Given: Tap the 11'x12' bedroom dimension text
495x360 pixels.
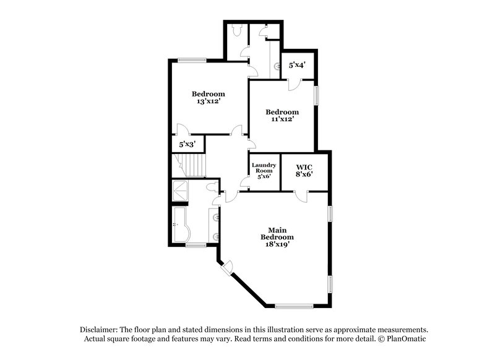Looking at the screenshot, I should (282, 119).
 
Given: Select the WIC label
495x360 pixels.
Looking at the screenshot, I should (304, 167).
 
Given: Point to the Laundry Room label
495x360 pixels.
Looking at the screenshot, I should (264, 168).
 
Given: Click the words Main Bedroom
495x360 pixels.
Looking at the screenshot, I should (277, 233).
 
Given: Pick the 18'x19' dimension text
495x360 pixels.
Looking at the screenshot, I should (277, 244).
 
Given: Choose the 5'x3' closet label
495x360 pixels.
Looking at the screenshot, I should (187, 144).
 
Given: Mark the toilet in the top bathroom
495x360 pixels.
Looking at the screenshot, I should (236, 29).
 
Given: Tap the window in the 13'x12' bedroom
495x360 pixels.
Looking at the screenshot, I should (189, 60).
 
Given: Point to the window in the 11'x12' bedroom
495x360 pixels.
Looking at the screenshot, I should (316, 96).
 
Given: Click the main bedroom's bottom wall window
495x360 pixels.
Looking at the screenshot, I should (295, 306).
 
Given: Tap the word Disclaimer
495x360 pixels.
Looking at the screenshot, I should (100, 330).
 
